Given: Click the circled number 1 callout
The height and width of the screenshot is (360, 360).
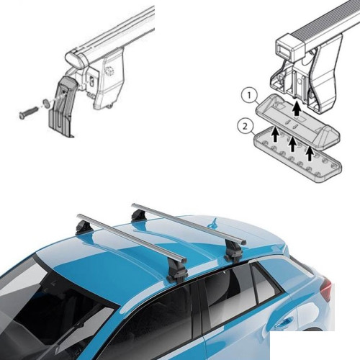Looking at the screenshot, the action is pyautogui.click(x=250, y=96).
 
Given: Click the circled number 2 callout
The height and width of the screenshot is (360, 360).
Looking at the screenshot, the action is pyautogui.click(x=245, y=127).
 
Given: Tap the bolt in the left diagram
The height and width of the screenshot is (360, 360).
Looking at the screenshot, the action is pyautogui.click(x=28, y=112).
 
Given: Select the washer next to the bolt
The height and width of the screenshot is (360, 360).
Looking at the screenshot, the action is pyautogui.click(x=46, y=103).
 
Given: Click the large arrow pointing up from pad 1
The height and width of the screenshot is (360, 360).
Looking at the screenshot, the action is pyautogui.click(x=297, y=109).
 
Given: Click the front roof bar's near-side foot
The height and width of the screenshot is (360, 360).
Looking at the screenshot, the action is pyautogui.click(x=178, y=272).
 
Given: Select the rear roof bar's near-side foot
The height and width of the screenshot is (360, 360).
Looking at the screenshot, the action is pyautogui.click(x=232, y=253).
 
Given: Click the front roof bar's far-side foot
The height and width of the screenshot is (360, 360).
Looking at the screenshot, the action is pyautogui.click(x=82, y=228).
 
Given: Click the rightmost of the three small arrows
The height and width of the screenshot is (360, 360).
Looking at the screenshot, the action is pyautogui.click(x=310, y=153).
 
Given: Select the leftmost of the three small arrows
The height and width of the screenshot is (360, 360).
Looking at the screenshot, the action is pyautogui.click(x=276, y=135).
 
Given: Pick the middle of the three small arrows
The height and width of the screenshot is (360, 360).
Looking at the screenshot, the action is pyautogui.click(x=292, y=144).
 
